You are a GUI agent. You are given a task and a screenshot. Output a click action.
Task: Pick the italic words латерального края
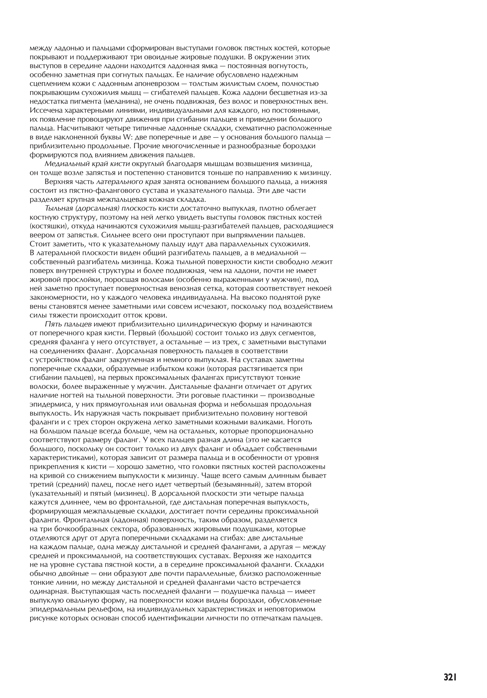pos(129,182)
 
